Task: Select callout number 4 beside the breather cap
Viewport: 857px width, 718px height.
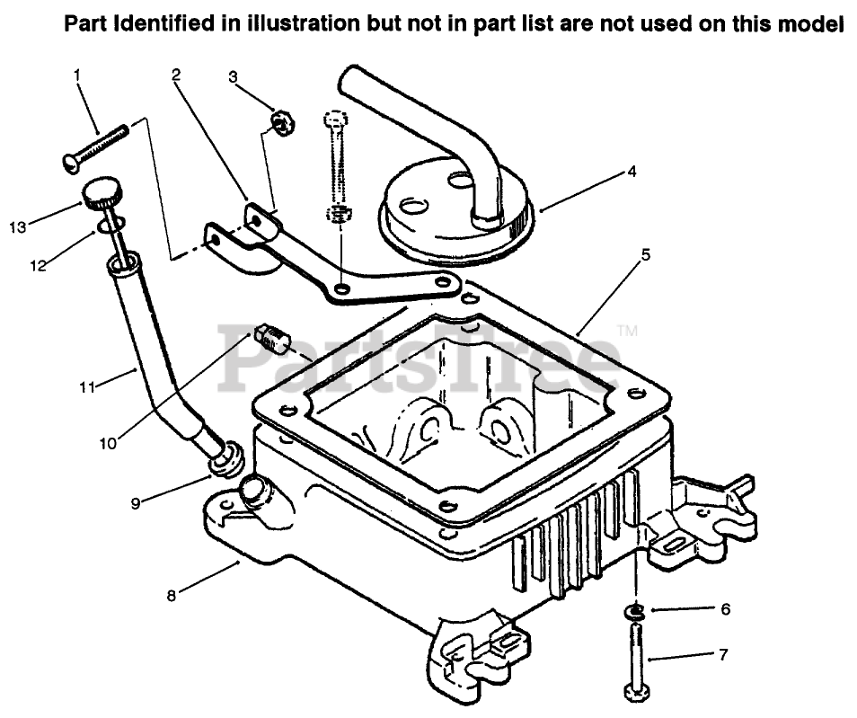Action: pos(632,171)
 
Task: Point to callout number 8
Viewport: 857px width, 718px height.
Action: pos(172,593)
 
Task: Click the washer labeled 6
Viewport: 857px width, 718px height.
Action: pos(637,612)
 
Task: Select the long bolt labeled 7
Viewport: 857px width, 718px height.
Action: pos(636,660)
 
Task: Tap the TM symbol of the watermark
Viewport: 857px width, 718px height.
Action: pos(628,332)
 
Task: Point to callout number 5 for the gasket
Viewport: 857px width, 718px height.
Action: pos(645,254)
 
